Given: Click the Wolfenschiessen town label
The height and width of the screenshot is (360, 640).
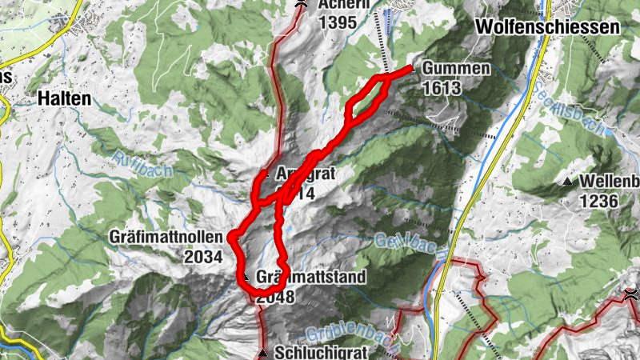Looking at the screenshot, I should point(547,26).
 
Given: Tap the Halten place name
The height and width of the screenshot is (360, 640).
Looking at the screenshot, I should point(64,98).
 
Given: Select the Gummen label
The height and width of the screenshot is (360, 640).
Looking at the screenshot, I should point(455,68).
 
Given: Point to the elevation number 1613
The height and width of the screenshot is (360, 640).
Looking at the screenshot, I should point(443,88).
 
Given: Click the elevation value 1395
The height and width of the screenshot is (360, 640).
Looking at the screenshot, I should point(336,22).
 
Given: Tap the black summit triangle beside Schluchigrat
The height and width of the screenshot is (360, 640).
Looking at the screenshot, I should point(263,351).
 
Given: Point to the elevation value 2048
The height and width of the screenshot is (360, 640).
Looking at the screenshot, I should point(274,297).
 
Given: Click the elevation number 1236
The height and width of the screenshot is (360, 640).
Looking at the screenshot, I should point(600,200).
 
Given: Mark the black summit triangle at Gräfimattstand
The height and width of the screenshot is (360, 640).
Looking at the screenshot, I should point(247,278).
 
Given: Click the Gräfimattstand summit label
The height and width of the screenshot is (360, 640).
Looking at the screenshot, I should point(312,278).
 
